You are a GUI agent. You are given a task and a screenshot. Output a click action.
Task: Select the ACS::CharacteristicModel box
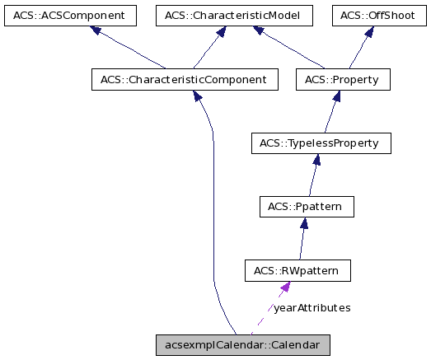pyautogui.click(x=227, y=15)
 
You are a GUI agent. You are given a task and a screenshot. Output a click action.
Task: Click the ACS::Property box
pyautogui.click(x=341, y=80)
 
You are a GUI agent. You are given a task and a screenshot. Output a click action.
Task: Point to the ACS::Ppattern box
pyautogui.click(x=306, y=207)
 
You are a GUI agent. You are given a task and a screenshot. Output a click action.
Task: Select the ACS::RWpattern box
pyautogui.click(x=297, y=270)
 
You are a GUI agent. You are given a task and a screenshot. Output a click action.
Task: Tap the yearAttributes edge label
pyautogui.click(x=312, y=307)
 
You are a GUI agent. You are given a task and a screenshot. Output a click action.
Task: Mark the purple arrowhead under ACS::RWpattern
pyautogui.click(x=284, y=287)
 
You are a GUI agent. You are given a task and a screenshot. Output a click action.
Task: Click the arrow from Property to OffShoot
pyautogui.click(x=358, y=49)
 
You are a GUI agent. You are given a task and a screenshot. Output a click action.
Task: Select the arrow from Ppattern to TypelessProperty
pyautogui.click(x=312, y=176)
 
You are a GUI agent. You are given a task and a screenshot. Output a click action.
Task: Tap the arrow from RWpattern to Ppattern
pyautogui.click(x=302, y=240)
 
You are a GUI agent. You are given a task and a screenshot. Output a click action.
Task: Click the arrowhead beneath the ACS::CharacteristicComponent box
pyautogui.click(x=199, y=97)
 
